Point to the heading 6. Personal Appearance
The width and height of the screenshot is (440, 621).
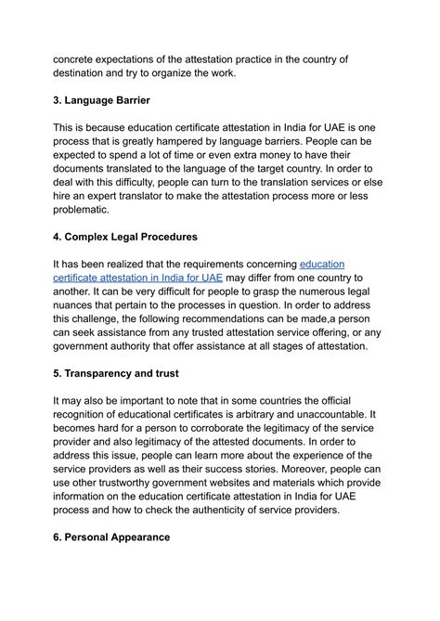click(111, 536)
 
